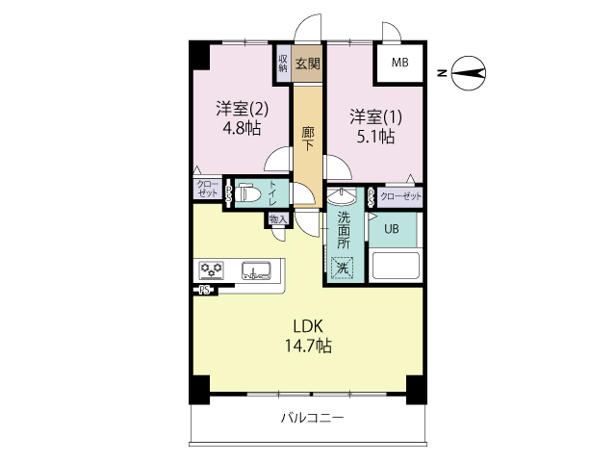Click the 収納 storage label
(x=284, y=64)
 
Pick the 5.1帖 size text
(x=372, y=137)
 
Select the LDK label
(x=307, y=324)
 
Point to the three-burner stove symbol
(x=212, y=269)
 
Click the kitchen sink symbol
(x=256, y=270)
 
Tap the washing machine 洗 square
(x=341, y=269)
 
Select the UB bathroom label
(x=393, y=229)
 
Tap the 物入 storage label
(x=277, y=220)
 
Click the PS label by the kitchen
(x=205, y=290)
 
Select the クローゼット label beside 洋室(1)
(x=400, y=196)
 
